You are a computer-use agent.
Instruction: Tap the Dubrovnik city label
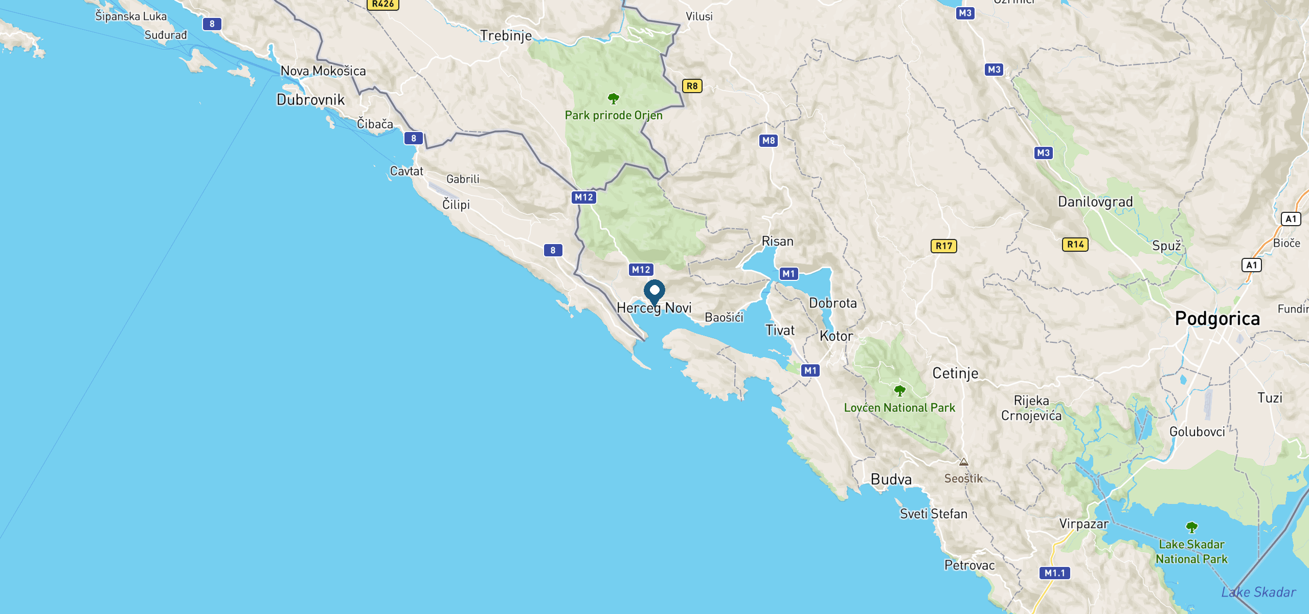[310, 100]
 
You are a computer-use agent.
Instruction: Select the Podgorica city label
[1217, 319]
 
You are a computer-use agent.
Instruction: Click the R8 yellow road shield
[692, 86]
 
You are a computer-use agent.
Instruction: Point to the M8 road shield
[768, 140]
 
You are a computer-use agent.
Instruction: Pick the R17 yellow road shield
[943, 246]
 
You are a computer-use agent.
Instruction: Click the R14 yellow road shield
[1075, 245]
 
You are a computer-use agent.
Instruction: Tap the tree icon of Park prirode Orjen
[614, 98]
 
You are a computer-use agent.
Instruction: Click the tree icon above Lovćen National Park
[900, 391]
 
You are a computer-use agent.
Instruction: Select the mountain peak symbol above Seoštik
[964, 462]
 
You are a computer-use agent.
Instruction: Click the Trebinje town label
[506, 36]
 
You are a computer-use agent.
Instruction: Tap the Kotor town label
[836, 336]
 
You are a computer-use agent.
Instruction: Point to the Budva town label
[891, 479]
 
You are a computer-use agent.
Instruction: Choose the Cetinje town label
[955, 373]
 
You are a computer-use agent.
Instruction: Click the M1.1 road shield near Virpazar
[1054, 573]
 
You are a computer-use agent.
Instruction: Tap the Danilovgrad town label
[1095, 202]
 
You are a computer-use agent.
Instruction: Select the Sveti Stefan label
[934, 514]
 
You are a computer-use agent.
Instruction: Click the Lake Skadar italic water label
[1258, 593]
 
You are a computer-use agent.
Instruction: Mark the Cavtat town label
[407, 171]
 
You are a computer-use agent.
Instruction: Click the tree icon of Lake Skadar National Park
[1191, 527]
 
